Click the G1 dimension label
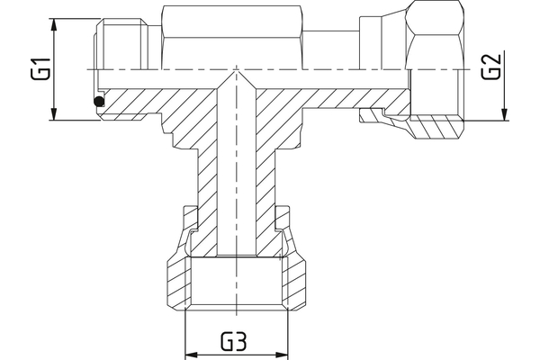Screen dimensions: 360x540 click(40, 68)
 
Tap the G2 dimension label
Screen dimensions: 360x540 click(490, 68)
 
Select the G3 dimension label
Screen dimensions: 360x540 click(237, 341)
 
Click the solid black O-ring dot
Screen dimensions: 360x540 click(98, 103)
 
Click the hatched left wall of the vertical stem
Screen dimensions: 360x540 click(206, 180)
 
